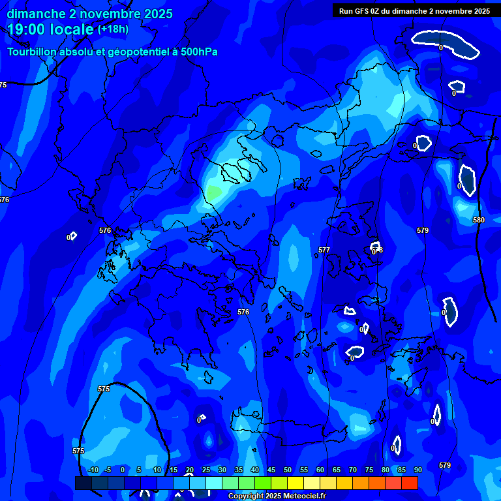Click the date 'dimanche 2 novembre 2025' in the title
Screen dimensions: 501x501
[89, 14]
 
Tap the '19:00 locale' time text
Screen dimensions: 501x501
[50, 29]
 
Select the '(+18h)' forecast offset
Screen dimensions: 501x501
[113, 29]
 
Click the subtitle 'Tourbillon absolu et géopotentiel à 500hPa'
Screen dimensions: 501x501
[112, 52]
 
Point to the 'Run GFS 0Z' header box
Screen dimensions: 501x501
[414, 11]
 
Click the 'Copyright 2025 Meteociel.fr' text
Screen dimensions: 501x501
[277, 496]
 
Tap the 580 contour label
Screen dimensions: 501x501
[479, 220]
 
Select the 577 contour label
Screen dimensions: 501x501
[324, 250]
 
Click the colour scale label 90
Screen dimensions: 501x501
[417, 470]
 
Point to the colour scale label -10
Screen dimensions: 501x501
[93, 470]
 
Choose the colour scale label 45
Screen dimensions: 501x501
[271, 470]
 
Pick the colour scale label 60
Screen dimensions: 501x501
[320, 470]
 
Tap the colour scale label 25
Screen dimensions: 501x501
[206, 470]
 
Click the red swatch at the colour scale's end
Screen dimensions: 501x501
[409, 483]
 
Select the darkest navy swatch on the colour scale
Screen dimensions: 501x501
[83, 483]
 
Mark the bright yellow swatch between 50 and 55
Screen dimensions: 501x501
[295, 483]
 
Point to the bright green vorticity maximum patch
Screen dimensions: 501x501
[213, 192]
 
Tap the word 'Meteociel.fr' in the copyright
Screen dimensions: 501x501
[304, 496]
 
